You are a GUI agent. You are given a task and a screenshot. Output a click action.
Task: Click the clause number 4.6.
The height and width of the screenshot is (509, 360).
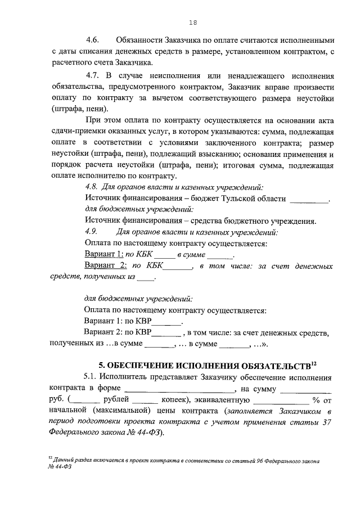pyautogui.click(x=93, y=41)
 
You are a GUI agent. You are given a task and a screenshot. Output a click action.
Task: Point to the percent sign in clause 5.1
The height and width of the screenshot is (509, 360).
pyautogui.click(x=316, y=400)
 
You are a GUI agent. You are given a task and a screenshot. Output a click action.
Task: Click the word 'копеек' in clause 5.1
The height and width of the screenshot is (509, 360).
pyautogui.click(x=173, y=400)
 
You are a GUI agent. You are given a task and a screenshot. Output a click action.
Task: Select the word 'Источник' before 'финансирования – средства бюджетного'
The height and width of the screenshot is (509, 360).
pyautogui.click(x=101, y=221)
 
